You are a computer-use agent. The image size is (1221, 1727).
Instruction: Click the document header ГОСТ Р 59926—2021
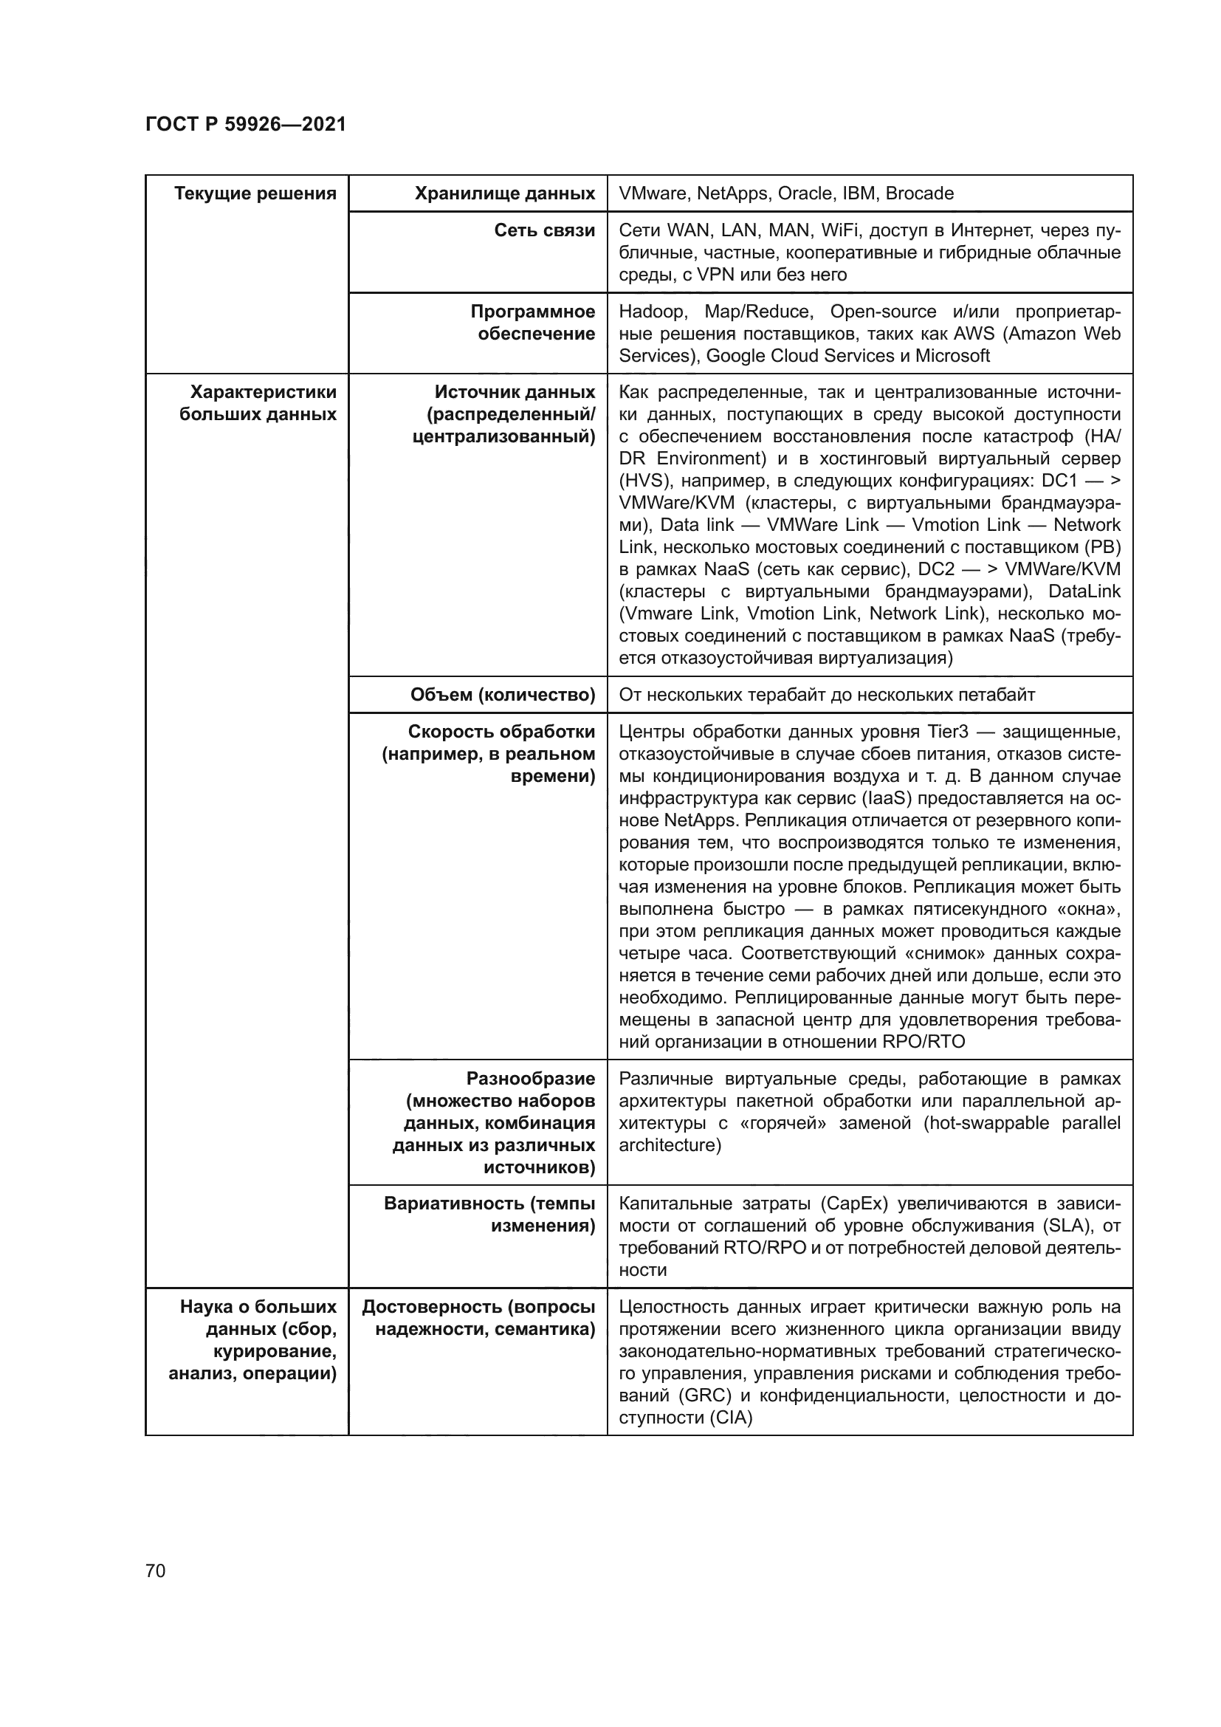[245, 125]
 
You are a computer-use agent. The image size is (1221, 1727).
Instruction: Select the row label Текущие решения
[255, 194]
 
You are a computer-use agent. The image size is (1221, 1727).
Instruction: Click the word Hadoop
[652, 312]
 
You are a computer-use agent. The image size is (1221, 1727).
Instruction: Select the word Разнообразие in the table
[530, 1079]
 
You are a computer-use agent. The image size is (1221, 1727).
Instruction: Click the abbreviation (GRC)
[704, 1396]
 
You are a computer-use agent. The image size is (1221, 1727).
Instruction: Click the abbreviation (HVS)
[644, 481]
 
